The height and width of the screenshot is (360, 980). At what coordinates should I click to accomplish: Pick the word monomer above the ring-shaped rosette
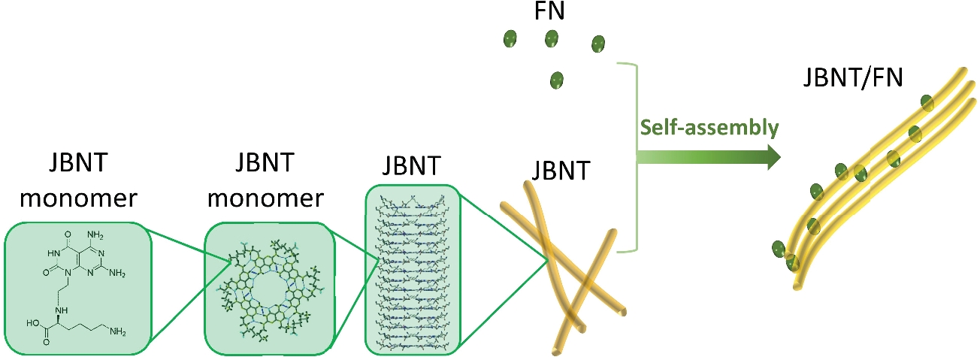pos(266,198)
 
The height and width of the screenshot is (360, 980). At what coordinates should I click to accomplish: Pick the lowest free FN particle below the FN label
pos(557,79)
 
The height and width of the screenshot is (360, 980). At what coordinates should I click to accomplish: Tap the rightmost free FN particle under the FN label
pos(598,44)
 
